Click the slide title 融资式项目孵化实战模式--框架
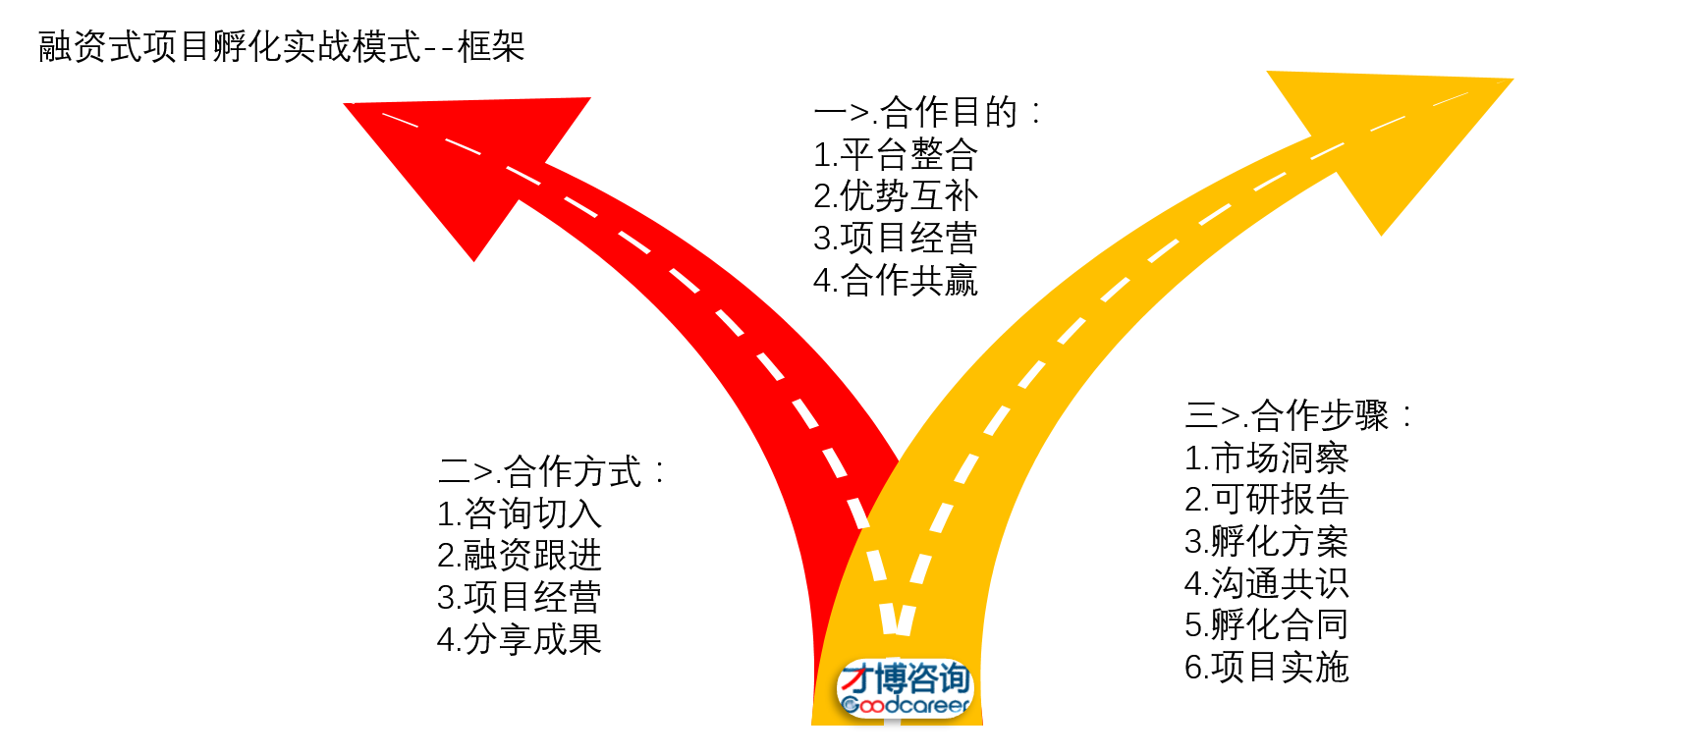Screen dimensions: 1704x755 (x=282, y=46)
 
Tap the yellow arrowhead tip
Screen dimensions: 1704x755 (x=1512, y=80)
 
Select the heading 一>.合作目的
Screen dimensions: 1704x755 (x=927, y=113)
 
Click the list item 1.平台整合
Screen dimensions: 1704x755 (x=896, y=155)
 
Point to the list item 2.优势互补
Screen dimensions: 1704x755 (x=896, y=196)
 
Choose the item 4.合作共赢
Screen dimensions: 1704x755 (x=896, y=281)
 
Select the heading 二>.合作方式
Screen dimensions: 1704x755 (x=551, y=472)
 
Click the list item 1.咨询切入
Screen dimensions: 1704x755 (x=520, y=513)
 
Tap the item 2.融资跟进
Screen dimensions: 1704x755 (x=520, y=556)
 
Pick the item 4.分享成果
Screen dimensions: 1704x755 (x=520, y=640)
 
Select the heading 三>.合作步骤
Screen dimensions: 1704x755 (x=1298, y=416)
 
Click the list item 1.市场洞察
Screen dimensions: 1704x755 (x=1267, y=458)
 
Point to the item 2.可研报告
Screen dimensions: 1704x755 (x=1267, y=500)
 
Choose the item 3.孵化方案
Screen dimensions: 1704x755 (x=1267, y=542)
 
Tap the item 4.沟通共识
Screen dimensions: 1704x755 (x=1267, y=584)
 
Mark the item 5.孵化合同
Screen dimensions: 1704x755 (x=1267, y=625)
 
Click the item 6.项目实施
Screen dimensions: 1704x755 (x=1267, y=668)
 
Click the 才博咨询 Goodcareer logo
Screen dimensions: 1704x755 (x=905, y=689)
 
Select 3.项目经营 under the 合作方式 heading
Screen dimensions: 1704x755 (x=520, y=598)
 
